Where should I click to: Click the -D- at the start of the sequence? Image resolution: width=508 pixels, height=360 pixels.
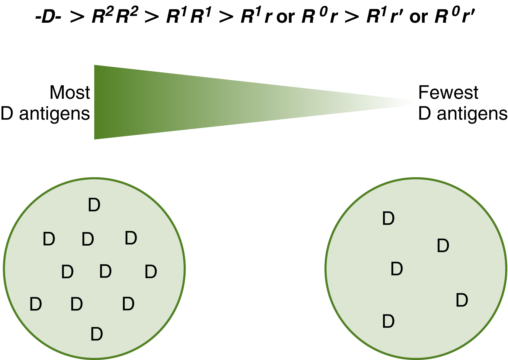click(x=49, y=18)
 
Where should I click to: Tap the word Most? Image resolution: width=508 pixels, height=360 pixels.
click(x=70, y=92)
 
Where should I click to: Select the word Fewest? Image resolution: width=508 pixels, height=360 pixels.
click(x=448, y=92)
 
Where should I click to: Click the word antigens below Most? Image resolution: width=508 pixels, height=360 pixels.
click(x=55, y=114)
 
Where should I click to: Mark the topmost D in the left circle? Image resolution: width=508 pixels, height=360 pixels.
click(x=94, y=205)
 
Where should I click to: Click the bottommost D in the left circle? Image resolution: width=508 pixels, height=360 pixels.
click(x=97, y=334)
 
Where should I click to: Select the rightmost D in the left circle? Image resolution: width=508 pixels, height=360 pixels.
click(x=151, y=272)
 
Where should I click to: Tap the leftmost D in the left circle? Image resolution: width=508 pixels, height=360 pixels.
click(x=36, y=304)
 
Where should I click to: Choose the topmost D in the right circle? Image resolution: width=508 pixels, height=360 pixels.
click(x=388, y=218)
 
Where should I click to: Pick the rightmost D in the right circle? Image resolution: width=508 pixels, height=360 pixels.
click(x=461, y=300)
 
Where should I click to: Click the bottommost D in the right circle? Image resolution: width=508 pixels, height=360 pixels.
click(x=388, y=321)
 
